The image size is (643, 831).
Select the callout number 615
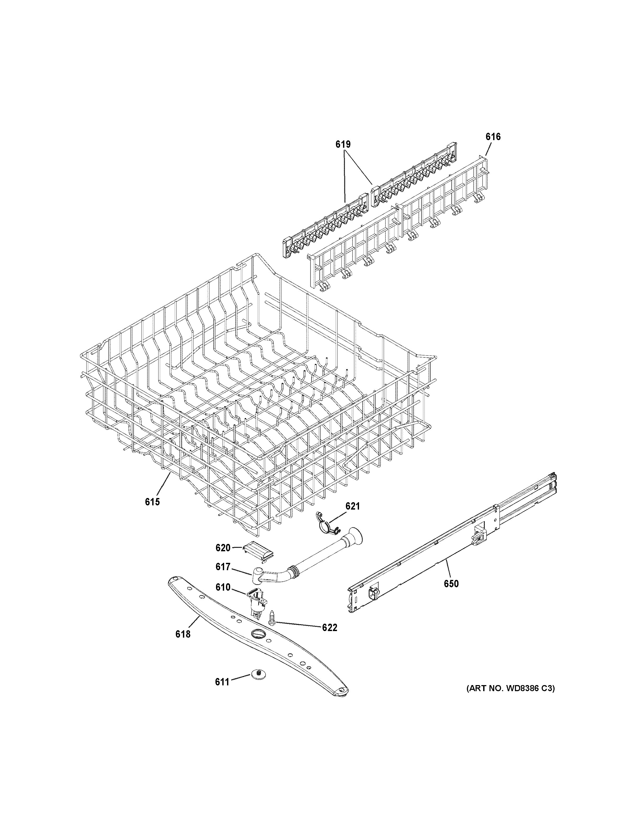click(152, 502)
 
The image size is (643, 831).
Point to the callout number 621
click(352, 506)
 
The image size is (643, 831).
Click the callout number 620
click(223, 548)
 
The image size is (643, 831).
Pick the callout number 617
click(223, 578)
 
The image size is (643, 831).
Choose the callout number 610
click(223, 598)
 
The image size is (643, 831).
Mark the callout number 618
click(183, 634)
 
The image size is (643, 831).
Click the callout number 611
click(222, 682)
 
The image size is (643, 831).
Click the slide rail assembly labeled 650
click(453, 548)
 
